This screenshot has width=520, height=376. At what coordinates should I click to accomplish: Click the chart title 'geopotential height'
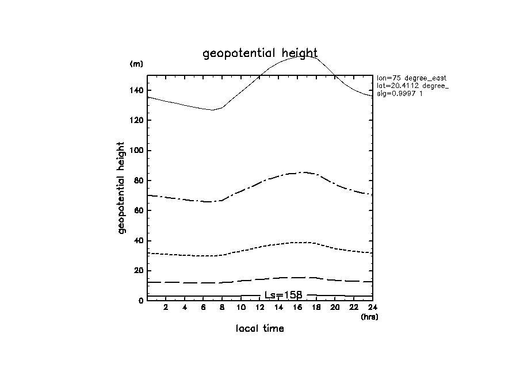(260, 53)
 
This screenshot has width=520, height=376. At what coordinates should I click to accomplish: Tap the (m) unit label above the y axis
(136, 64)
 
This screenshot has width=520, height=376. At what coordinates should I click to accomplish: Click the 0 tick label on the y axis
(140, 301)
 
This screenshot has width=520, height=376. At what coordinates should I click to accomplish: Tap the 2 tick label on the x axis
(166, 308)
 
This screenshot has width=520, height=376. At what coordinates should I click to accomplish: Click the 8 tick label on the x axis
(222, 308)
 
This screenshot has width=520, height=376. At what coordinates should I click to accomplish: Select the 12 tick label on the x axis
(259, 308)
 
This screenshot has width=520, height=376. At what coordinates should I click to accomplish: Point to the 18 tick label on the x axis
(316, 308)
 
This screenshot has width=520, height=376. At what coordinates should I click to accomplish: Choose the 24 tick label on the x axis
(372, 308)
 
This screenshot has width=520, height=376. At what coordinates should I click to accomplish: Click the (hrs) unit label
(369, 317)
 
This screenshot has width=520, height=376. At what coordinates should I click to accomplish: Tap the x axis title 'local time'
(259, 329)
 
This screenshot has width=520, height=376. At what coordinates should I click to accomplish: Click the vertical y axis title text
(121, 188)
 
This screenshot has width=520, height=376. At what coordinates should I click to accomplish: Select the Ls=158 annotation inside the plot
(283, 294)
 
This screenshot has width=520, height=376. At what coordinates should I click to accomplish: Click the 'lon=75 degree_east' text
(411, 78)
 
